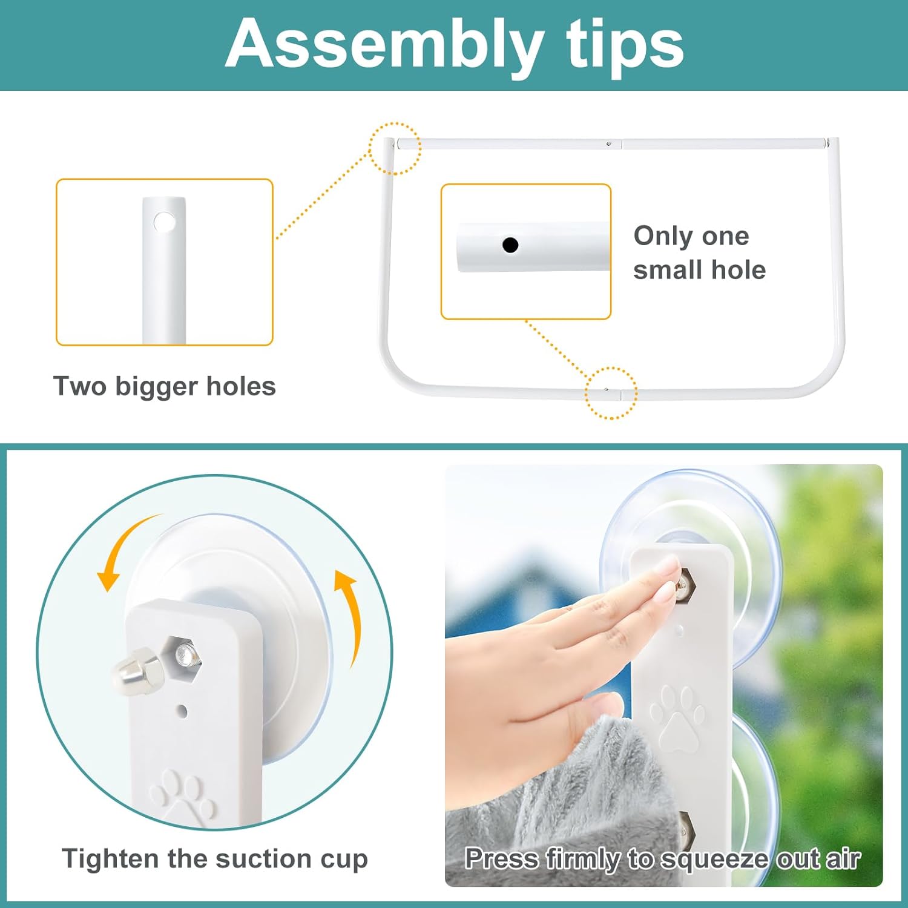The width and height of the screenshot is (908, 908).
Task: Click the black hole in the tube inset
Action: (x=510, y=245)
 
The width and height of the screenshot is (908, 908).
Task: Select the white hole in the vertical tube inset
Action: (x=163, y=222)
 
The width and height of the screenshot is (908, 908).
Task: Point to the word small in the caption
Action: (x=668, y=270)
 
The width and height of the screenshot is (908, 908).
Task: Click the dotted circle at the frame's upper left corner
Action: (x=395, y=148)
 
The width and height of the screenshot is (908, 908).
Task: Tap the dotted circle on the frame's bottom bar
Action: (x=611, y=393)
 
